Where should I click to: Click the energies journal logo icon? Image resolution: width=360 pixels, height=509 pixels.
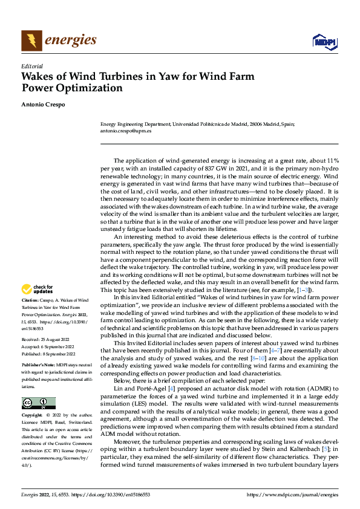pos(31,41)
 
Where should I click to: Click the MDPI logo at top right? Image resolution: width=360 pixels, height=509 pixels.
pos(324,41)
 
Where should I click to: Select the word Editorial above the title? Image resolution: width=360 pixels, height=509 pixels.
pos(32,66)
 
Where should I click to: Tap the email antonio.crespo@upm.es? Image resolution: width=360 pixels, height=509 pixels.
pos(126,130)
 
